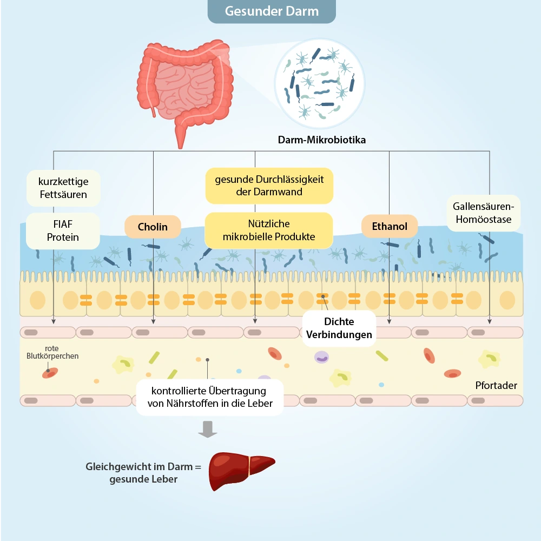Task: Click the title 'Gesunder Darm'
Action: point(272,11)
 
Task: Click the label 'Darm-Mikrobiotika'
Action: point(322,140)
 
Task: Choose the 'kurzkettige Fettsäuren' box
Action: point(63,188)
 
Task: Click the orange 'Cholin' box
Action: point(153,227)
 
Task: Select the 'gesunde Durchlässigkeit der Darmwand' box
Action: point(269,186)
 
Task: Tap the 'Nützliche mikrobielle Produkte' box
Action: point(269,230)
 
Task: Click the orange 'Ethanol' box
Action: point(390,227)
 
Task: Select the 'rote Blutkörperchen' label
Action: point(52,352)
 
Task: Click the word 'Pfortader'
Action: point(496,386)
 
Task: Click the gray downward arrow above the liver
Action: point(207,428)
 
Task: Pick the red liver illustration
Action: point(241,470)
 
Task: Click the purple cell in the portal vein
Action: point(321,357)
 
